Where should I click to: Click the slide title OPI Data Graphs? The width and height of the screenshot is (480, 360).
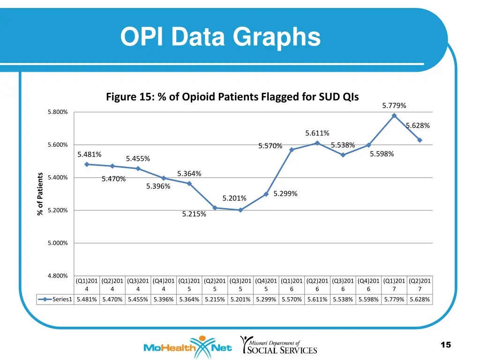[x=220, y=37]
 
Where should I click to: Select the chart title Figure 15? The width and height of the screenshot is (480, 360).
[x=232, y=97]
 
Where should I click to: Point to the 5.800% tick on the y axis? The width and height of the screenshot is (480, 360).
[x=58, y=112]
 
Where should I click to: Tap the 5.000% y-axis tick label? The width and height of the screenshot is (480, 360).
[x=58, y=243]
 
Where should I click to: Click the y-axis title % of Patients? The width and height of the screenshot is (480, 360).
[x=40, y=194]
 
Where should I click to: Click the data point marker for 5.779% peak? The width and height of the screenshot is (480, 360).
[x=394, y=115]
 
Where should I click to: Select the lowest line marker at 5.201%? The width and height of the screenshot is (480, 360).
[x=240, y=210]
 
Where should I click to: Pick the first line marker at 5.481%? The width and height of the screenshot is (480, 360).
[x=87, y=164]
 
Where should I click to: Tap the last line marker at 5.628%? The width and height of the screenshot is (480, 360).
[x=420, y=140]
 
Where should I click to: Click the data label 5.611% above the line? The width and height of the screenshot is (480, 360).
[x=317, y=134]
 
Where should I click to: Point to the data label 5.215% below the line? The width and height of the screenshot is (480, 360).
[x=194, y=214]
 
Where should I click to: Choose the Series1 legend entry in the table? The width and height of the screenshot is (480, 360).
[x=56, y=300]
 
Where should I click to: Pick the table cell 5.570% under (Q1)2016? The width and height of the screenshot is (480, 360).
[x=292, y=300]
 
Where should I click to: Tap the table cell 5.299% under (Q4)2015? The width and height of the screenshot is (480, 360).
[x=266, y=300]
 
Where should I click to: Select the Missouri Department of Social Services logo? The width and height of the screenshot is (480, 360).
[x=279, y=345]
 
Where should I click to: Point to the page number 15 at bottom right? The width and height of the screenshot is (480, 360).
[x=446, y=345]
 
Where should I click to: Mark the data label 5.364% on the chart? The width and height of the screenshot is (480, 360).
[x=189, y=174]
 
